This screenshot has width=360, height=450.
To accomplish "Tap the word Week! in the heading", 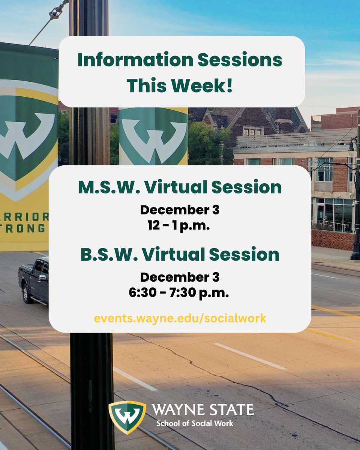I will click(205, 85).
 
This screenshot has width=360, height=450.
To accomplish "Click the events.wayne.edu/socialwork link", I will click(180, 318).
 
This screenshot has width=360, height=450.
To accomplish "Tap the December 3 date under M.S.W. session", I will click(180, 210).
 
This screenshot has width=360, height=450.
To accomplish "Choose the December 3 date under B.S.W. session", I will click(180, 277).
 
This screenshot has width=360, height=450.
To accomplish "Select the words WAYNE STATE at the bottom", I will click(203, 409).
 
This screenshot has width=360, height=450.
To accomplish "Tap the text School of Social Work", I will click(195, 423).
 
